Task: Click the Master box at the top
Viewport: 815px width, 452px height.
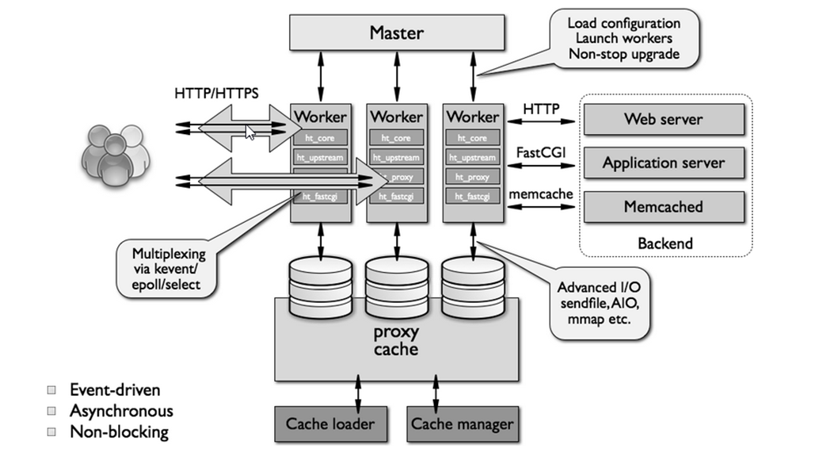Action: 396,33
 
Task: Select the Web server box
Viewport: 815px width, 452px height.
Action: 663,120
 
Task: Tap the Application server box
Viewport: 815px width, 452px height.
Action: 663,163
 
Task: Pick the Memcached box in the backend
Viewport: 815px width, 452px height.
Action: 663,206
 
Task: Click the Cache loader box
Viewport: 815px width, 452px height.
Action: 329,423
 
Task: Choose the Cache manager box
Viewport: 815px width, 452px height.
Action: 462,423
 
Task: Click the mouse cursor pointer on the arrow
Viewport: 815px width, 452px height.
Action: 250,132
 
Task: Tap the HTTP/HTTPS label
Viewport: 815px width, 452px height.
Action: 216,94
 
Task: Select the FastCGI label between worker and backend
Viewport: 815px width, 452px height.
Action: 540,151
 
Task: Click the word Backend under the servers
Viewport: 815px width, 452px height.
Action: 665,243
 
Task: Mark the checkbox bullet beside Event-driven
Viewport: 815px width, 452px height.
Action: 52,390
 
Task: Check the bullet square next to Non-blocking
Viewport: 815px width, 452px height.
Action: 52,432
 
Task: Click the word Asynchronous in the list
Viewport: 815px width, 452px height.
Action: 121,411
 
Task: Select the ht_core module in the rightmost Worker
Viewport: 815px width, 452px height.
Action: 473,138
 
